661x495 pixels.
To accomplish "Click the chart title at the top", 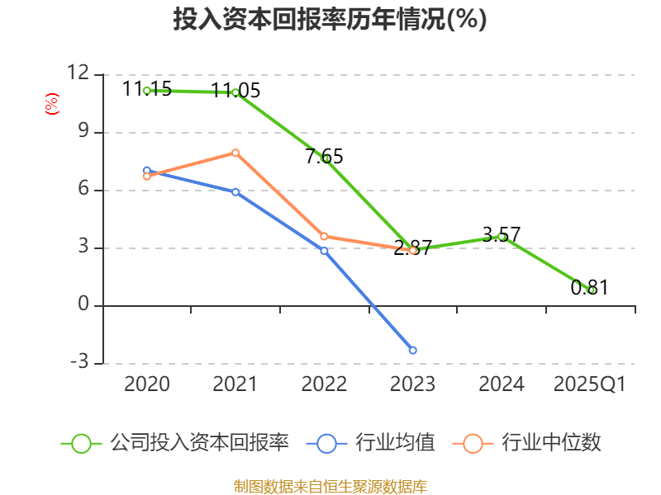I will click(330, 20).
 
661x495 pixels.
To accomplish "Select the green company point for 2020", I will click(147, 90).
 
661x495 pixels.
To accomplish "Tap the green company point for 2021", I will click(235, 92).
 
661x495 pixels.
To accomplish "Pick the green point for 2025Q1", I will click(591, 290).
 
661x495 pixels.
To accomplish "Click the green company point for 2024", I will click(502, 237).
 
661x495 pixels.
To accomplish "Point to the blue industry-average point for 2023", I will click(413, 350).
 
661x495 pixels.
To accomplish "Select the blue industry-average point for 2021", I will click(235, 191).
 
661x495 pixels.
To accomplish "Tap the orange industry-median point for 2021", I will click(235, 153).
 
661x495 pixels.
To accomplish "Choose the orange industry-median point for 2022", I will click(324, 236).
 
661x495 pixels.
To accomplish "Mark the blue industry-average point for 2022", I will click(324, 250).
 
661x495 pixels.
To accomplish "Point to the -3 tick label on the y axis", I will click(78, 362).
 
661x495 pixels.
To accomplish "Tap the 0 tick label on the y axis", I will click(82, 304).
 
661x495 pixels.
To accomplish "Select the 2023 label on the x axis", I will click(412, 384).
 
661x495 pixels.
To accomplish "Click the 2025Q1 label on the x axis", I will click(590, 384).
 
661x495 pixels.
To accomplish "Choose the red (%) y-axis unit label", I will click(51, 104).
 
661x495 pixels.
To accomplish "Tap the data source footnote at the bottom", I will click(330, 486).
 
